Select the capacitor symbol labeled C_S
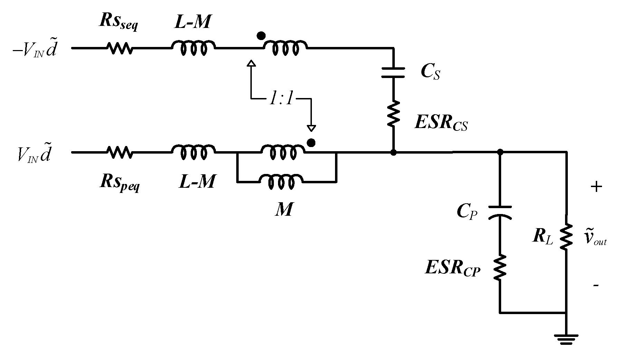pyautogui.click(x=393, y=73)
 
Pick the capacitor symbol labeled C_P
pyautogui.click(x=499, y=213)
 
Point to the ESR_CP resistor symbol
pyautogui.click(x=499, y=268)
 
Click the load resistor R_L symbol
pyautogui.click(x=566, y=237)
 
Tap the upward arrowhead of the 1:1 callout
pyautogui.click(x=251, y=64)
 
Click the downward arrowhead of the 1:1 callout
pyautogui.click(x=311, y=128)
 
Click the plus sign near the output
pyautogui.click(x=596, y=187)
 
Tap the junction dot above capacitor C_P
pyautogui.click(x=499, y=152)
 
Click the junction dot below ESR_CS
pyautogui.click(x=393, y=152)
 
